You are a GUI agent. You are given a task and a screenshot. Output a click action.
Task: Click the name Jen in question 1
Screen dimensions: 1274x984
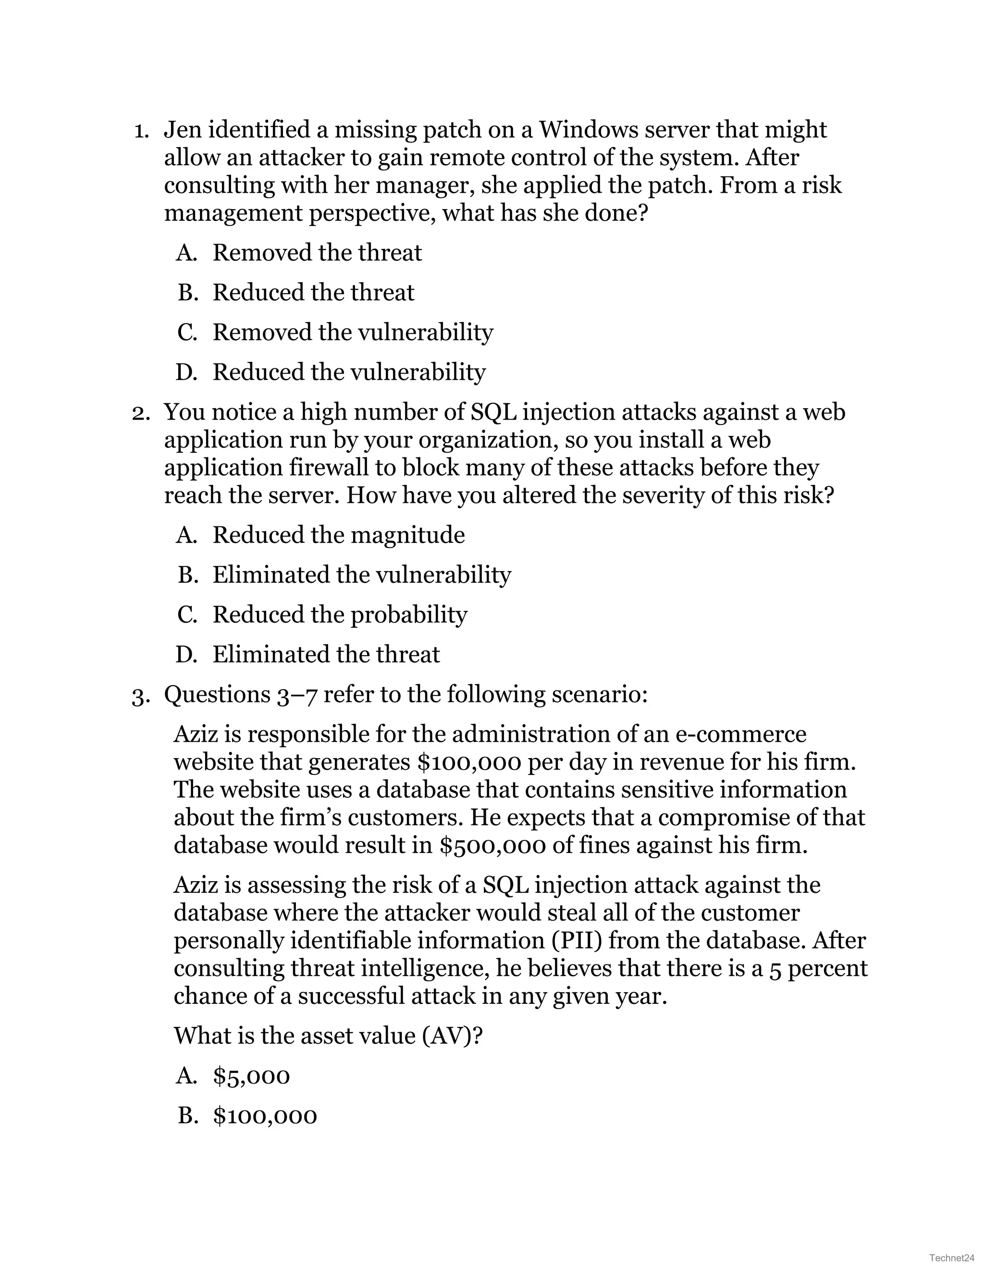click(x=183, y=129)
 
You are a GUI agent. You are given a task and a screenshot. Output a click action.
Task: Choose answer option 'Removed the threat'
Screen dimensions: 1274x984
click(x=317, y=252)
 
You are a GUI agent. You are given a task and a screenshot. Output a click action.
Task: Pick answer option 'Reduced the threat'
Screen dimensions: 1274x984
click(x=313, y=292)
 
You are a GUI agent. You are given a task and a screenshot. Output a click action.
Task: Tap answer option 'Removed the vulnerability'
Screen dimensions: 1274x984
click(x=352, y=333)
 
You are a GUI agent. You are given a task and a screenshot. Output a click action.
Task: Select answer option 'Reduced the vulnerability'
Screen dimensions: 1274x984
click(x=349, y=372)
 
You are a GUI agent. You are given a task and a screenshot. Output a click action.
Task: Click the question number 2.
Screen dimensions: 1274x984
click(x=140, y=412)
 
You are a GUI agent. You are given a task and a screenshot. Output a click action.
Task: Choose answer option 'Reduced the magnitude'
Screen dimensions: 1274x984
click(x=338, y=535)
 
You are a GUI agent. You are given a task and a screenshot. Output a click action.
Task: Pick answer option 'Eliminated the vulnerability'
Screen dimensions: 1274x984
click(x=361, y=575)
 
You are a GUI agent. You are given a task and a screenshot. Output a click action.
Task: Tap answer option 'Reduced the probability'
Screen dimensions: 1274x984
click(x=339, y=615)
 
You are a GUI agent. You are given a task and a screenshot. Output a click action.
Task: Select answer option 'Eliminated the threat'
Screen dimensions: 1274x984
click(x=326, y=654)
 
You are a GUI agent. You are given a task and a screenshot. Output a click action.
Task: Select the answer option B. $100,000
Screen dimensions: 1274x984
click(x=265, y=1116)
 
